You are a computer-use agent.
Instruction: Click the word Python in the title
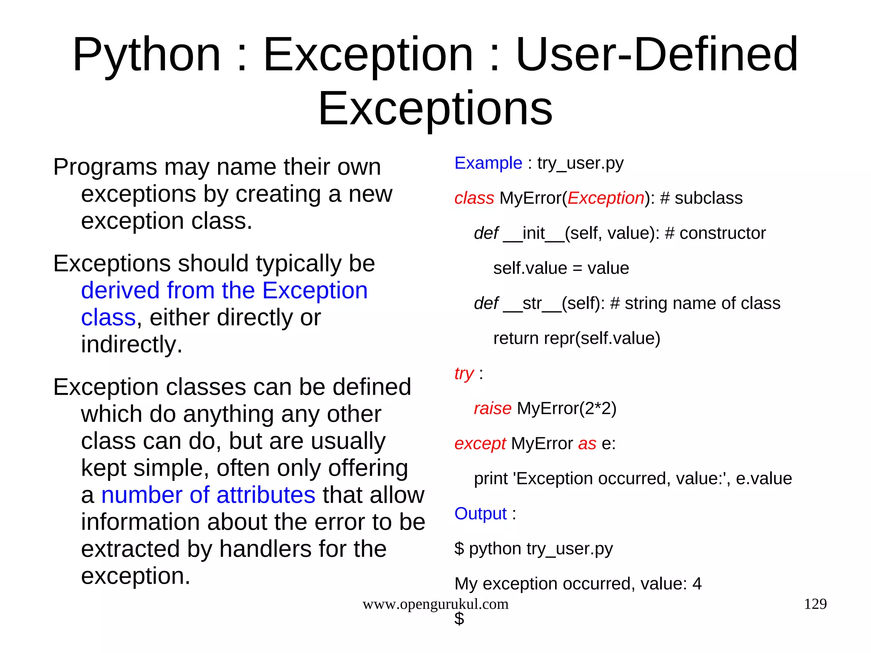147,55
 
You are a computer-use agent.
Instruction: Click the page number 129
815,604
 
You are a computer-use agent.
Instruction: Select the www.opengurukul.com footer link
435,604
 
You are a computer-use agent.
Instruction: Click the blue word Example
488,163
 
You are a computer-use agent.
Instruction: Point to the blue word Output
480,513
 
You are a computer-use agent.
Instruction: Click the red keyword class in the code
474,198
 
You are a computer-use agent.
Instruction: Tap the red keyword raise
492,408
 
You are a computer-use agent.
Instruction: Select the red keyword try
464,374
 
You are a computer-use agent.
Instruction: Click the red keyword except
480,443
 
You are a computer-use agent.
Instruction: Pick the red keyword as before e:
587,443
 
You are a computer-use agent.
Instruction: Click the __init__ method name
533,233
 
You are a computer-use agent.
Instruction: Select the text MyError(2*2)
566,408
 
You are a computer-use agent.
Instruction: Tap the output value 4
697,584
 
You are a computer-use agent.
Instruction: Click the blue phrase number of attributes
208,495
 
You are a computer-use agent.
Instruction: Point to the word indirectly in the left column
131,344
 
